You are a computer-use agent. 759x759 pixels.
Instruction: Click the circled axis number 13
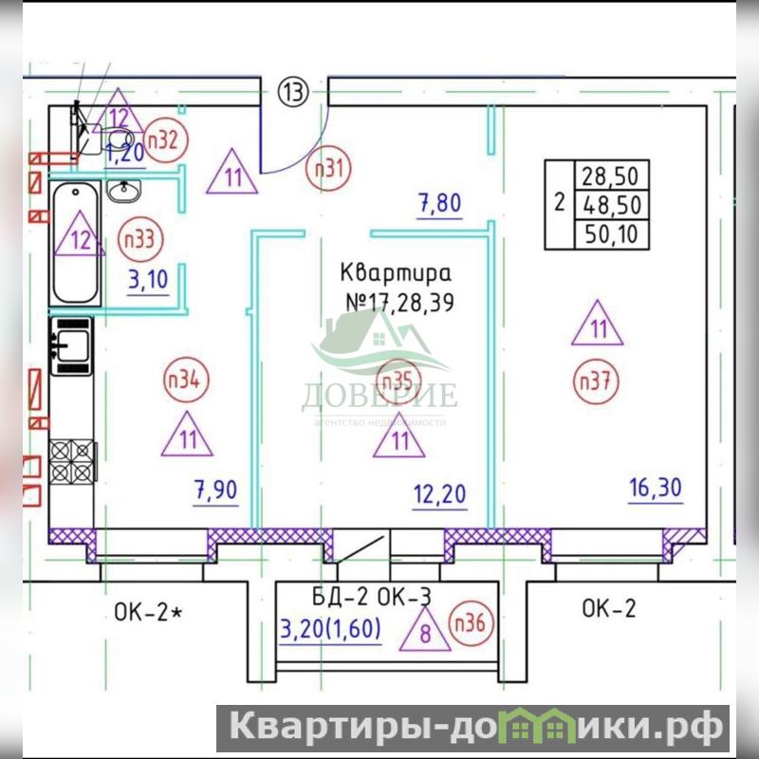tap(293, 91)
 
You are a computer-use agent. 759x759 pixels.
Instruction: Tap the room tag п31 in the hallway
tap(328, 169)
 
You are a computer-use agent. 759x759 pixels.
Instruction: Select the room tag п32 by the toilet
tap(165, 140)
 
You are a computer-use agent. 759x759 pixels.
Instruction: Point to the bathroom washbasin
tap(124, 191)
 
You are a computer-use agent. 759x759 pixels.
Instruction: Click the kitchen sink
tap(70, 345)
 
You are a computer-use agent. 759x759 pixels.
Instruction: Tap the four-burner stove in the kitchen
tap(72, 461)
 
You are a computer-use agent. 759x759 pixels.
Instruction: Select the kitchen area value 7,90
tap(215, 490)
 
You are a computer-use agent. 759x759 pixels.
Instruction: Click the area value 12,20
tap(439, 494)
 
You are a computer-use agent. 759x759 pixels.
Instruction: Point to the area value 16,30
tap(656, 488)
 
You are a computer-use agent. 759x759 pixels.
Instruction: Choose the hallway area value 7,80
tap(439, 203)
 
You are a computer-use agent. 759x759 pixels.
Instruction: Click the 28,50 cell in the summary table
tap(611, 176)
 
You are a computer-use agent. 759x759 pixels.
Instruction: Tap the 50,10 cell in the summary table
tap(611, 234)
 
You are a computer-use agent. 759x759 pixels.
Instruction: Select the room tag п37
tap(596, 381)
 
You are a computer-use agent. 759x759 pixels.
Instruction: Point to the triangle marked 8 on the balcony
tap(425, 629)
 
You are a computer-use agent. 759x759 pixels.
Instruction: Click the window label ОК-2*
tap(148, 612)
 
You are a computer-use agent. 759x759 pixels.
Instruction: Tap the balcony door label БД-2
tap(341, 597)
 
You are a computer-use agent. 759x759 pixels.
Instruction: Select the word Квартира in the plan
tap(396, 273)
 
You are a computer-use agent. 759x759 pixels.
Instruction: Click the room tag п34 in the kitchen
tap(186, 380)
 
